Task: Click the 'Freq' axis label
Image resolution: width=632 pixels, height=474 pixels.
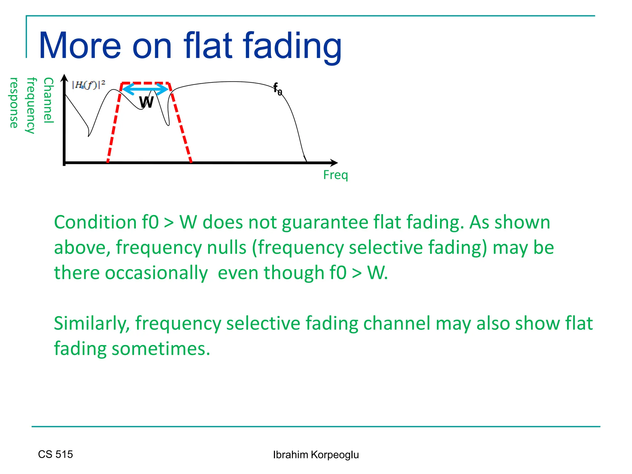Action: click(335, 175)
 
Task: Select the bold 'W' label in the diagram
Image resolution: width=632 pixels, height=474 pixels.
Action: click(146, 102)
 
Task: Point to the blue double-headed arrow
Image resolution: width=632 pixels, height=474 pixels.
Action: click(145, 89)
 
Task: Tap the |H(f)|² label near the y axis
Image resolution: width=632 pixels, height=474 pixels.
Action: click(89, 85)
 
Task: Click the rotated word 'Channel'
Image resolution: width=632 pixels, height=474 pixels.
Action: click(49, 100)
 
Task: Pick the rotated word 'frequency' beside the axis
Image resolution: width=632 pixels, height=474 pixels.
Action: click(31, 106)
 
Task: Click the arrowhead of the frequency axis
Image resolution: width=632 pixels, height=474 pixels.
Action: click(334, 163)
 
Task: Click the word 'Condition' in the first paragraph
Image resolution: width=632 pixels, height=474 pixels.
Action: click(95, 222)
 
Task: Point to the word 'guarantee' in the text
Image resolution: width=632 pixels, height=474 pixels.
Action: click(325, 223)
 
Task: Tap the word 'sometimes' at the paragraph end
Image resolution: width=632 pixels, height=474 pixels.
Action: click(161, 349)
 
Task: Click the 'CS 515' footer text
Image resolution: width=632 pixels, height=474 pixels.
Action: click(56, 454)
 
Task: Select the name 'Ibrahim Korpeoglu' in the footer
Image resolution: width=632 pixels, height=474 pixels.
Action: click(316, 455)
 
